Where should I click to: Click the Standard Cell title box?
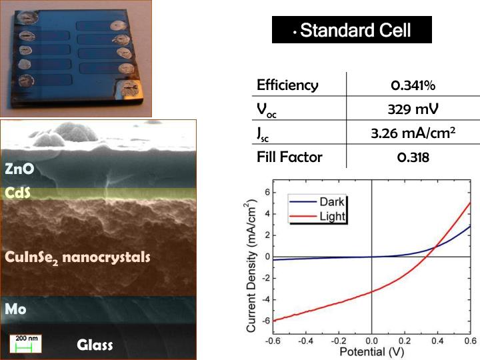pos(352,30)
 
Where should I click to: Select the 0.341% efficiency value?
pos(413,85)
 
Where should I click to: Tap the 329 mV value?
pos(413,109)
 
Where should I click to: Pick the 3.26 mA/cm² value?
pos(413,133)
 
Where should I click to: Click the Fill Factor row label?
pos(289,157)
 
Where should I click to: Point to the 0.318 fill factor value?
pos(413,157)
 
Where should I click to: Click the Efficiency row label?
pos(287,85)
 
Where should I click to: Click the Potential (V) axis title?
pos(372,351)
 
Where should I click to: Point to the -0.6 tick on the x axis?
pos(273,340)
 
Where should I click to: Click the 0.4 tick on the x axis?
pos(437,340)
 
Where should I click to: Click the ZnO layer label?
pos(20,169)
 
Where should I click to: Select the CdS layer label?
pos(19,193)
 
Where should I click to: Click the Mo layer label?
pos(16,309)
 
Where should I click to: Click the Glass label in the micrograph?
pos(95,345)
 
